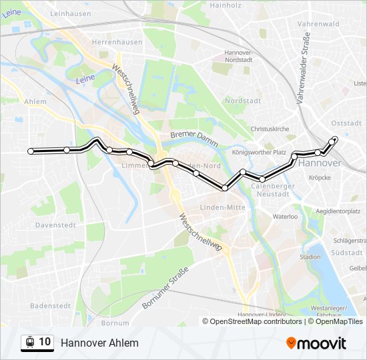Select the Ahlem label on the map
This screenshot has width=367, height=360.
(35, 102)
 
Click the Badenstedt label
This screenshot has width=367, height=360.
(50, 306)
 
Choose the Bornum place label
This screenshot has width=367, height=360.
(115, 323)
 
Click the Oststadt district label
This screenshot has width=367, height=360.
(346, 123)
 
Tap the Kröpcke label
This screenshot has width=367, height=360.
(320, 178)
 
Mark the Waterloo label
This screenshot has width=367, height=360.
(284, 217)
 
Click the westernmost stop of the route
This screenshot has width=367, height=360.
(31, 151)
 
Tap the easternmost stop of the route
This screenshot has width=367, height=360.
(335, 139)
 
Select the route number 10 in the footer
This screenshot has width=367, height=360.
(45, 342)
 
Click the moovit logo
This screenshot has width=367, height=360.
(316, 343)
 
